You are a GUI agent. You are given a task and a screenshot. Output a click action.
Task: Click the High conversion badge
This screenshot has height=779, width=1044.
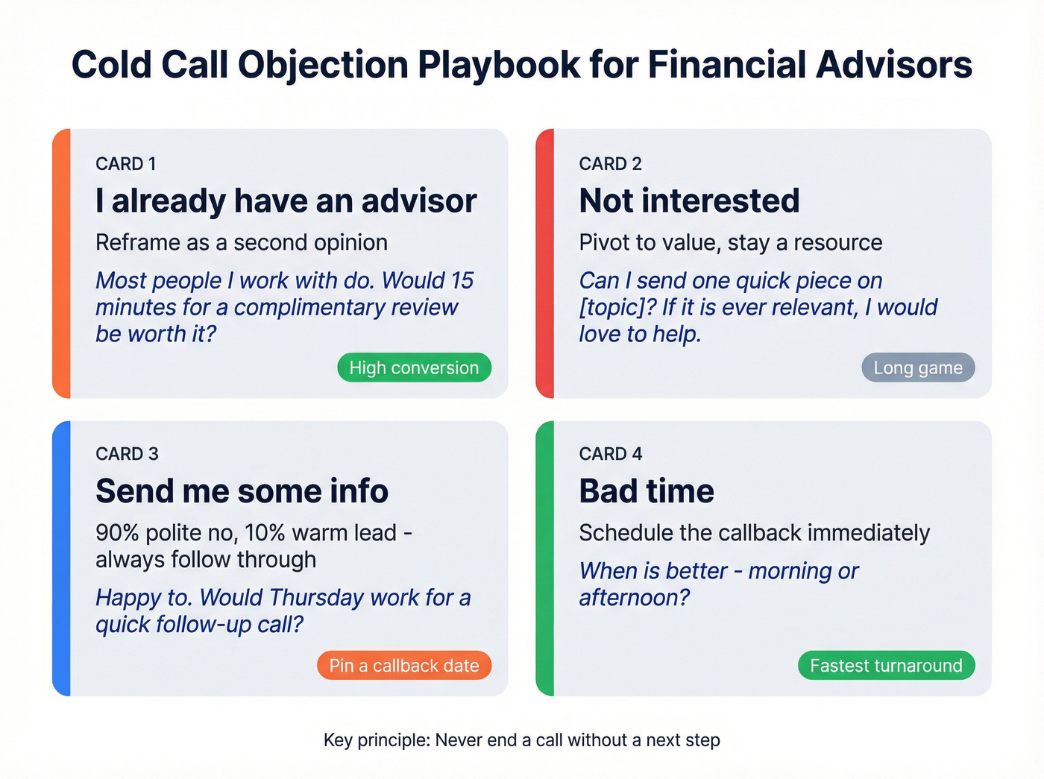[x=414, y=368]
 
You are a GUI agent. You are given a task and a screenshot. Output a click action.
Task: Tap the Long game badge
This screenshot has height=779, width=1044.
[x=918, y=368]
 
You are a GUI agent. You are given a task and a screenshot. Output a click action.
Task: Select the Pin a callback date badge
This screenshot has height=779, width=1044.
[x=404, y=666]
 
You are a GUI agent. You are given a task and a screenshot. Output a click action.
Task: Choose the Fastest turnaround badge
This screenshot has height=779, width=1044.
[x=886, y=666]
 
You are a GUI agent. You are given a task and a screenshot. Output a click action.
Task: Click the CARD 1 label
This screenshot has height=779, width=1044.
[x=126, y=164]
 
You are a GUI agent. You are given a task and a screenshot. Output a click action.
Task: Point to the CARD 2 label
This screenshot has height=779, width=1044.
[x=610, y=164]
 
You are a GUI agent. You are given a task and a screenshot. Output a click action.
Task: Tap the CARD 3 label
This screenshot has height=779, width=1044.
[x=127, y=454]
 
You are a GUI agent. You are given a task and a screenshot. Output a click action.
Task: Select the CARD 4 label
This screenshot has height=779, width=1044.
[x=610, y=454]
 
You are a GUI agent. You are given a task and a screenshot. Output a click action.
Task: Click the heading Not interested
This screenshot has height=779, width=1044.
[x=689, y=201]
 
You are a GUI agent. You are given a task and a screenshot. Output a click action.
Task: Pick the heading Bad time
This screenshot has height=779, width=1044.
[x=647, y=491]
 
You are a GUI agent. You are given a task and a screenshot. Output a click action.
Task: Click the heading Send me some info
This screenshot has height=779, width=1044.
[x=242, y=491]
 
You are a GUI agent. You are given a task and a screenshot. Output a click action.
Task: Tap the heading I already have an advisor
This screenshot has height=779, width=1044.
[x=286, y=201]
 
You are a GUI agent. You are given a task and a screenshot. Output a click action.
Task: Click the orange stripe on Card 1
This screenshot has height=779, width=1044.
[x=61, y=263]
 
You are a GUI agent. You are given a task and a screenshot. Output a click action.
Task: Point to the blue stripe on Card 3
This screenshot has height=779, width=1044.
[x=61, y=558]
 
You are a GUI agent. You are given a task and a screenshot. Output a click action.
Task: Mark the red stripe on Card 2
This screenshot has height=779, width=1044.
[x=545, y=263]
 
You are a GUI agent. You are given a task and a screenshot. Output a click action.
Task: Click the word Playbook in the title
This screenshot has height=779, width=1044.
[x=498, y=65]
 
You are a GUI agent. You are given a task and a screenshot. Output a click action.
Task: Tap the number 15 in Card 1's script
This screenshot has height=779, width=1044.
[x=462, y=280]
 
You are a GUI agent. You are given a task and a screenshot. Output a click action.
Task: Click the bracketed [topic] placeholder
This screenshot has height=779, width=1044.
[x=617, y=308]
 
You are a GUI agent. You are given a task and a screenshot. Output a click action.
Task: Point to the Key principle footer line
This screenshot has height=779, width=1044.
[x=521, y=740]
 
